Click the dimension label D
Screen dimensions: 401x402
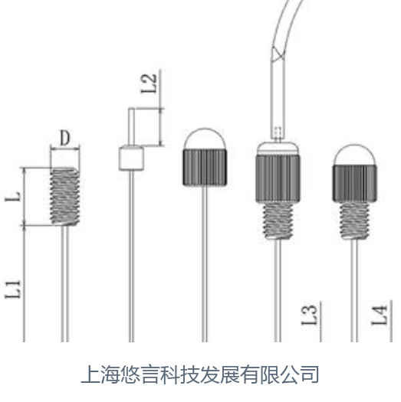coord(64,138)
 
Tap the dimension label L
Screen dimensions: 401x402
coord(13,197)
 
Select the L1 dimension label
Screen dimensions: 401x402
coord(13,289)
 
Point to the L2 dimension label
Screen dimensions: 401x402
coord(149,83)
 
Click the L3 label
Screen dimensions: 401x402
coord(309,315)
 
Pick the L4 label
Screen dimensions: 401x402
coord(380,315)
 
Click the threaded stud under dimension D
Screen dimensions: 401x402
coord(64,197)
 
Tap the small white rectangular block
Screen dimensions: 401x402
coord(131,158)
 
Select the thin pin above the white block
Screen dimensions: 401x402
coord(131,126)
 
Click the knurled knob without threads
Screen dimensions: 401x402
coord(205,168)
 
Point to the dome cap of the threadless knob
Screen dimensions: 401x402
coord(205,139)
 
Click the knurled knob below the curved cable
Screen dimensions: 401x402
coord(278,178)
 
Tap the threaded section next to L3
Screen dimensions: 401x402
coord(278,221)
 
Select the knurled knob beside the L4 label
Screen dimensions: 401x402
coord(354,184)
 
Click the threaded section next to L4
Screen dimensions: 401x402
coord(354,221)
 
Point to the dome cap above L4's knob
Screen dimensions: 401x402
coord(354,155)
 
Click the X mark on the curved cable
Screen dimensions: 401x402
coord(278,54)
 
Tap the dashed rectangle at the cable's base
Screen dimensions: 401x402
coord(278,132)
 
